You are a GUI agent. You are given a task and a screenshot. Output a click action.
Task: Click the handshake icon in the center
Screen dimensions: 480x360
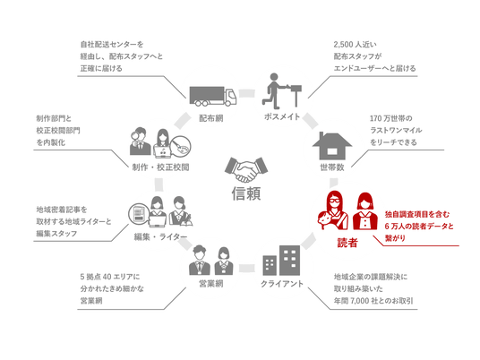pyautogui.click(x=246, y=169)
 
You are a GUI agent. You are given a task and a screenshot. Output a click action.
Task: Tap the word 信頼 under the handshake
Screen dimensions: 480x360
pyautogui.click(x=246, y=193)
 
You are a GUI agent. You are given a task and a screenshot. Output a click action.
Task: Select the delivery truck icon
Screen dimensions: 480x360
pyautogui.click(x=213, y=96)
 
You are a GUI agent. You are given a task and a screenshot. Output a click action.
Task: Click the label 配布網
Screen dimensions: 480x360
pyautogui.click(x=211, y=118)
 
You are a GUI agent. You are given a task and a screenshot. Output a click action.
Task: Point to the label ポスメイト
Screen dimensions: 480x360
pyautogui.click(x=282, y=116)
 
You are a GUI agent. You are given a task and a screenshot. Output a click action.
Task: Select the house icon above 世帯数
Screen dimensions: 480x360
pyautogui.click(x=332, y=146)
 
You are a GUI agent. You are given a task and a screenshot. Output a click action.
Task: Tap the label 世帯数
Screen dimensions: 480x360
pyautogui.click(x=332, y=167)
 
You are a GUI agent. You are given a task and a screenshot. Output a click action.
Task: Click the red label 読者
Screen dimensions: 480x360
pyautogui.click(x=347, y=243)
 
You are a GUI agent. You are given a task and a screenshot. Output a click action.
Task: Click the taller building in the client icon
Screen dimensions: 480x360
pyautogui.click(x=289, y=261)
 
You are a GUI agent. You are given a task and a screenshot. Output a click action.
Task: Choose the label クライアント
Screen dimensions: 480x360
pyautogui.click(x=282, y=284)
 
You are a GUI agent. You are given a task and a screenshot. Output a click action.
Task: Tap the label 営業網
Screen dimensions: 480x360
pyautogui.click(x=211, y=284)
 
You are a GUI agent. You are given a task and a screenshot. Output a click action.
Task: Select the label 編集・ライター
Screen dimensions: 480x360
pyautogui.click(x=160, y=236)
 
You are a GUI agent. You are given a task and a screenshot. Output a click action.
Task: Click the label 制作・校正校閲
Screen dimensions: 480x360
pyautogui.click(x=160, y=167)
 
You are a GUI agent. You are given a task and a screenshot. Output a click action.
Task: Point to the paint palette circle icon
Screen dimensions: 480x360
pyautogui.click(x=181, y=146)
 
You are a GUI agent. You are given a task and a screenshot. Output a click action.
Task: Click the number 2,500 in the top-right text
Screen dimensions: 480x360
pyautogui.click(x=343, y=45)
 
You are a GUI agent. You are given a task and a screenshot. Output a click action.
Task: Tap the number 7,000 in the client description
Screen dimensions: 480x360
pyautogui.click(x=360, y=301)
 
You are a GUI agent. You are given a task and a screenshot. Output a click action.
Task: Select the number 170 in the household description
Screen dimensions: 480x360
pyautogui.click(x=375, y=118)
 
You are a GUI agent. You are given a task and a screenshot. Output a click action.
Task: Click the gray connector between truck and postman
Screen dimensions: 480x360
pyautogui.click(x=247, y=93)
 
